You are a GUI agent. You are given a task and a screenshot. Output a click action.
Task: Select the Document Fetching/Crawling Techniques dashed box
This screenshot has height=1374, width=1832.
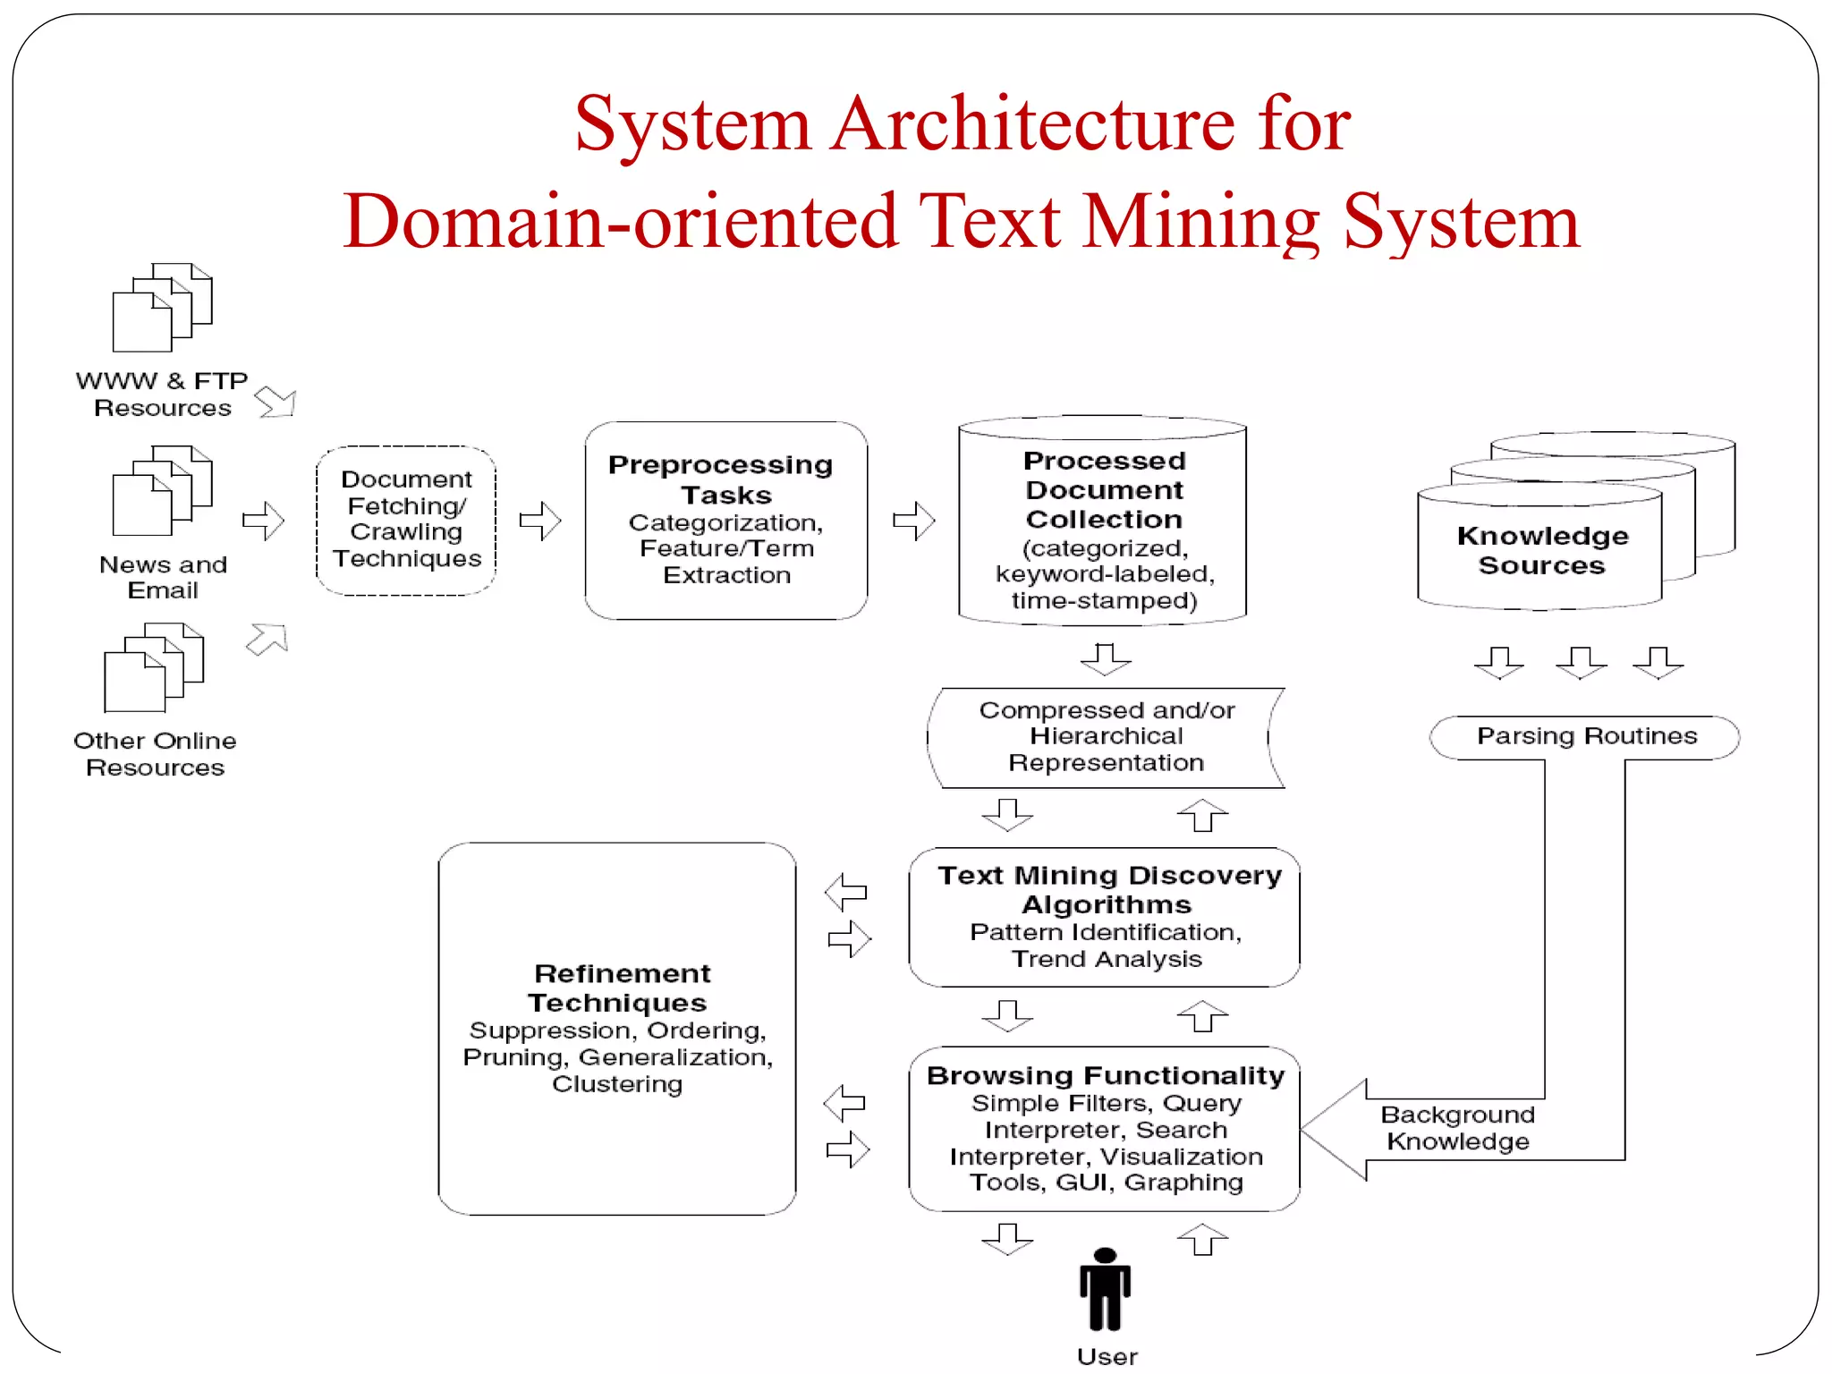coord(406,520)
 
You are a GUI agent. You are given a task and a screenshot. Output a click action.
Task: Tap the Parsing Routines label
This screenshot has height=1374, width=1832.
coord(1586,736)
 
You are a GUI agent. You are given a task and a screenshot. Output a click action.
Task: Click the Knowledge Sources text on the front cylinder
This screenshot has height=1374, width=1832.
coord(1541,550)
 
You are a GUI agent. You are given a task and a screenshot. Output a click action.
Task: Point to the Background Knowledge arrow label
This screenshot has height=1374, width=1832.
coord(1457,1128)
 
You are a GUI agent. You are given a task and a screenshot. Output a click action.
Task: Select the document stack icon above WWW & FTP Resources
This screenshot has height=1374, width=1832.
coord(162,307)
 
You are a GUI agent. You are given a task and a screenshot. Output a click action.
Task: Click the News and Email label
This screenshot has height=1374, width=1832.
coord(163,577)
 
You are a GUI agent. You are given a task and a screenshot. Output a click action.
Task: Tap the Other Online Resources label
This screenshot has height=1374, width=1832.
coord(155,754)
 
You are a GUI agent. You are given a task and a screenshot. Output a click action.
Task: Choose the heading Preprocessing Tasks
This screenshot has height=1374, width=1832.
coord(721,479)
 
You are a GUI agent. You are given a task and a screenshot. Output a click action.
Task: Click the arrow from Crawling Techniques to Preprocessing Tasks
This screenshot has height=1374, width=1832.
coord(539,521)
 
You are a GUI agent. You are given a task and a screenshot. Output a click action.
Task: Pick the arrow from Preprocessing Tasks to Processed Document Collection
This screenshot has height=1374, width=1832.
coord(913,521)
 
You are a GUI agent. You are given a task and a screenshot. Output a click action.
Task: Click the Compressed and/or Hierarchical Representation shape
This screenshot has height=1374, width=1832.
coord(1106,737)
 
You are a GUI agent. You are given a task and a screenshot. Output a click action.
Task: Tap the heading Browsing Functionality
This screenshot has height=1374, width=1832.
coord(1106,1075)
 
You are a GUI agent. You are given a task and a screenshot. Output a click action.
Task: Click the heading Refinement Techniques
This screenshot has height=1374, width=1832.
coord(620,988)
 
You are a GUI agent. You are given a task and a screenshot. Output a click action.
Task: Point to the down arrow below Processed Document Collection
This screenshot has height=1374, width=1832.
coord(1106,659)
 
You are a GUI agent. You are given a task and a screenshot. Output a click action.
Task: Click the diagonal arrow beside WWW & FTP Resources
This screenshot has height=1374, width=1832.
coord(276,402)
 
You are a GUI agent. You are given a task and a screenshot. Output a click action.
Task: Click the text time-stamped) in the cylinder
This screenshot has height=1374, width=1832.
coord(1104,600)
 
